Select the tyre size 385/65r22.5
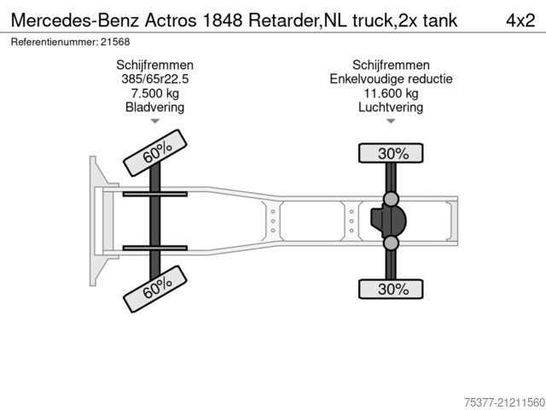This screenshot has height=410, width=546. pyautogui.click(x=154, y=79)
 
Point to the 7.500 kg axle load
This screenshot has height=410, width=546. pyautogui.click(x=154, y=94)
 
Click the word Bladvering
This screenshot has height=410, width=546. pyautogui.click(x=154, y=108)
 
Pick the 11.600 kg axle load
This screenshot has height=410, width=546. pyautogui.click(x=391, y=94)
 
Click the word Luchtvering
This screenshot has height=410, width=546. pyautogui.click(x=391, y=108)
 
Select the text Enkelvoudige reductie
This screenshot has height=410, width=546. pyautogui.click(x=391, y=79)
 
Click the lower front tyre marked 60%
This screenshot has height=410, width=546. pyautogui.click(x=156, y=288)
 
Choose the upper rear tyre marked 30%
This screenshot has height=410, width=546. pyautogui.click(x=391, y=154)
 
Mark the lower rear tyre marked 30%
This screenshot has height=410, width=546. pyautogui.click(x=391, y=290)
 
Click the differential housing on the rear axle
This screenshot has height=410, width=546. pyautogui.click(x=392, y=222)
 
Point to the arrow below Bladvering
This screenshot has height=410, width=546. pyautogui.click(x=154, y=122)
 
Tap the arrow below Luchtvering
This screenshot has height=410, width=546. pyautogui.click(x=391, y=122)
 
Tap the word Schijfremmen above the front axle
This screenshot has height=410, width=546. pyautogui.click(x=154, y=66)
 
